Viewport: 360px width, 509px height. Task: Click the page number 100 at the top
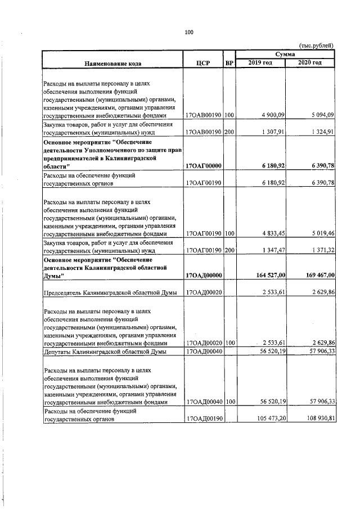188,32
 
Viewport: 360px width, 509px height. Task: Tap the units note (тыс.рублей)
316,45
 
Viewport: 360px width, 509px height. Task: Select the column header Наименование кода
113,62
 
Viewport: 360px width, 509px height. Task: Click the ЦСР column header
203,62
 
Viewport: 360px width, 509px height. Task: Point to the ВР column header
229,62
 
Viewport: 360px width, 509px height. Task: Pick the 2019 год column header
260,62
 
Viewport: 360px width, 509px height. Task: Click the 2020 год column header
310,62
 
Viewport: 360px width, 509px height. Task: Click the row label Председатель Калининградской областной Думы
111,292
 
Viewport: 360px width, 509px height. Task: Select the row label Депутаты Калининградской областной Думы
103,352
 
